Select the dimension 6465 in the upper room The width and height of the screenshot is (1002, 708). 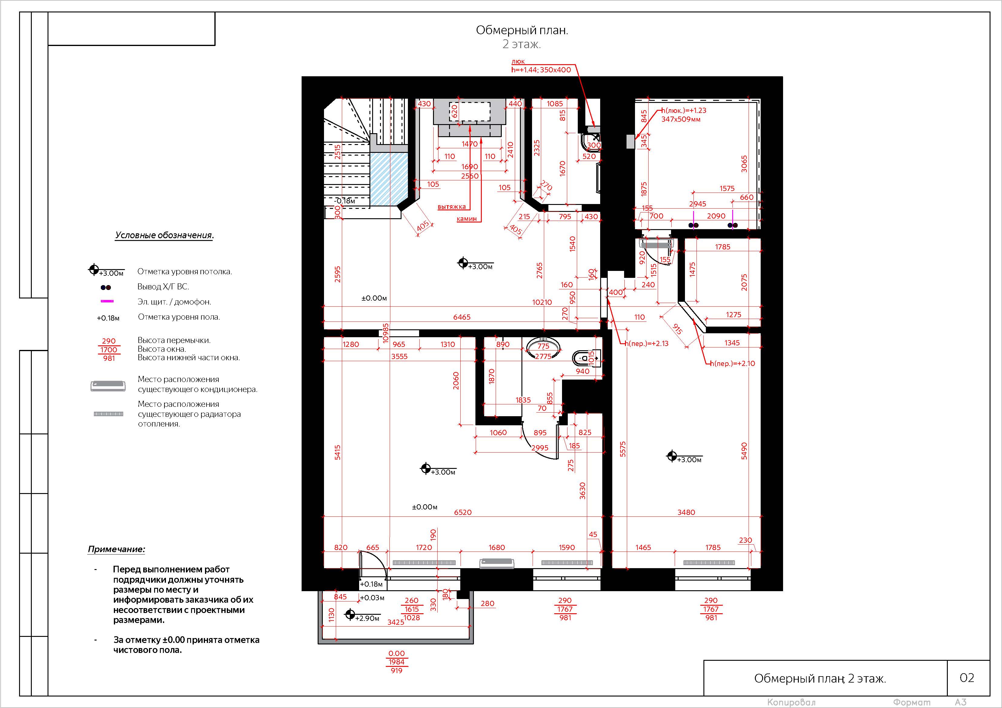pyautogui.click(x=462, y=317)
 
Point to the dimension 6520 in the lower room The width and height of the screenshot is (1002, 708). pyautogui.click(x=463, y=512)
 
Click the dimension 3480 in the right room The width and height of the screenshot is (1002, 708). pyautogui.click(x=686, y=512)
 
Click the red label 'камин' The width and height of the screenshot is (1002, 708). pyautogui.click(x=467, y=219)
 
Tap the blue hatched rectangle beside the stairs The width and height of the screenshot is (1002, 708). pyautogui.click(x=389, y=179)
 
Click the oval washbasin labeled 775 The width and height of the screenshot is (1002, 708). pyautogui.click(x=543, y=348)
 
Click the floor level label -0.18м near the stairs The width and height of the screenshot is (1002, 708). pyautogui.click(x=345, y=201)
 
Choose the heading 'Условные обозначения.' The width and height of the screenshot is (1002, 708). pyautogui.click(x=164, y=235)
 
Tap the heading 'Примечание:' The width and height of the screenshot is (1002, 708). pyautogui.click(x=117, y=549)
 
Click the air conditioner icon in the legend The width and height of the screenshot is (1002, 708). pyautogui.click(x=108, y=386)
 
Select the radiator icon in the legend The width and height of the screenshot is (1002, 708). pyautogui.click(x=109, y=413)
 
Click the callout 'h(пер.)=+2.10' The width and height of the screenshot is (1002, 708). pyautogui.click(x=733, y=363)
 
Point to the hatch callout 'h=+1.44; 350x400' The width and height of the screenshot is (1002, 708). pyautogui.click(x=541, y=70)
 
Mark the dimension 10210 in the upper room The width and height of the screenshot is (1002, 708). pyautogui.click(x=542, y=302)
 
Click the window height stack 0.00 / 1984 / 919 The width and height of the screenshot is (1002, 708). pyautogui.click(x=397, y=662)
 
